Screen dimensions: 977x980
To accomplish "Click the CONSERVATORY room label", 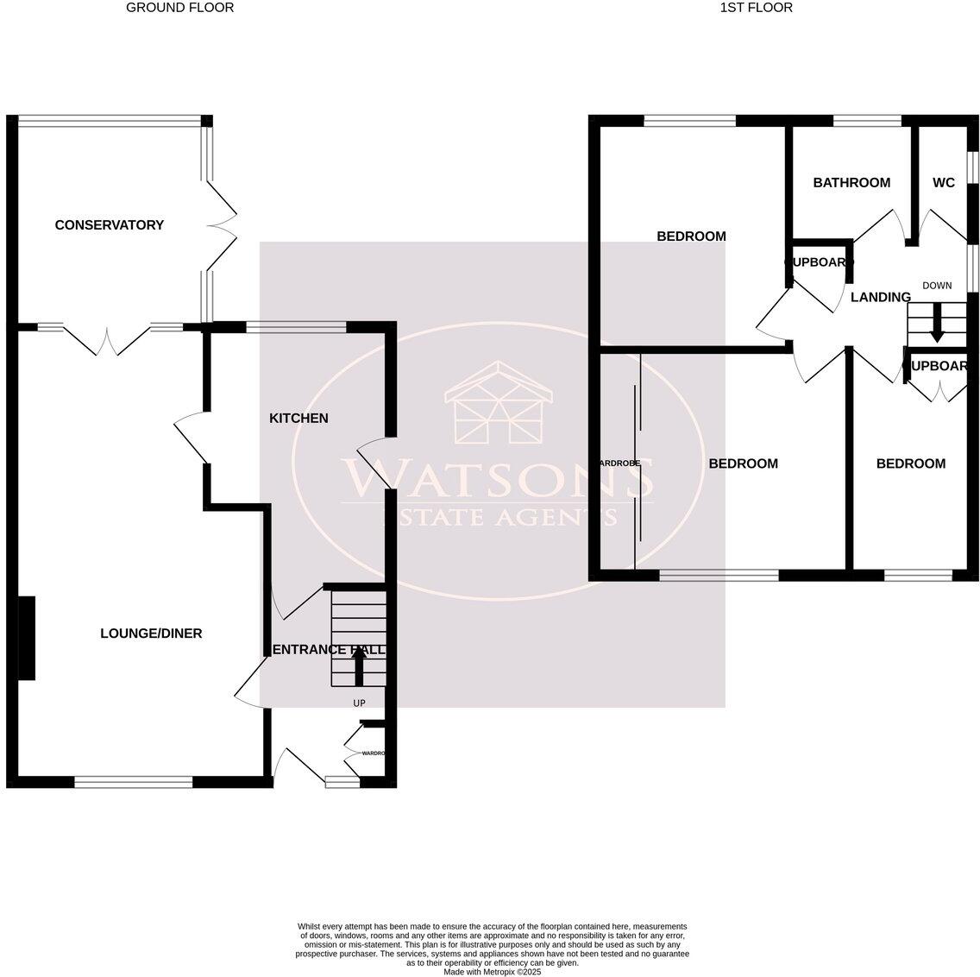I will (x=109, y=225).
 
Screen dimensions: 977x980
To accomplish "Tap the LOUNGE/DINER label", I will (x=151, y=633).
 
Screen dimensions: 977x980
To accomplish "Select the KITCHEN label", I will (x=298, y=419).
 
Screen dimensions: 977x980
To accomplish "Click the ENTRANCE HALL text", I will (x=328, y=650).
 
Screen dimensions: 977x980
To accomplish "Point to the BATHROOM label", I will (x=851, y=183).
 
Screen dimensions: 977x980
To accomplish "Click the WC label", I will (x=944, y=183).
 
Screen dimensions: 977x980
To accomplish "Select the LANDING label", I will (x=880, y=298).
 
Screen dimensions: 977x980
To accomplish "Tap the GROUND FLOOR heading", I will (x=179, y=8).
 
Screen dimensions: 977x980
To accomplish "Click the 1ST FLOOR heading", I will (x=756, y=8).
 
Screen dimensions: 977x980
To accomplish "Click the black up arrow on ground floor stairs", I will (x=358, y=665).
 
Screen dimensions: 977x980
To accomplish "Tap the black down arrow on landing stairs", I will (x=937, y=331).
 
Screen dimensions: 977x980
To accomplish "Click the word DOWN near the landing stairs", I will (x=937, y=286).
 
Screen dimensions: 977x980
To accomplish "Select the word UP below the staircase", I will (x=359, y=703).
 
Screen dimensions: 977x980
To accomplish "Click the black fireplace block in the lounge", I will (x=27, y=638).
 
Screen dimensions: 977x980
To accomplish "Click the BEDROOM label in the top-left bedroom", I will (x=691, y=236).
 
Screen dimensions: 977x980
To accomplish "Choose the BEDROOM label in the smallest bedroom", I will (x=910, y=464).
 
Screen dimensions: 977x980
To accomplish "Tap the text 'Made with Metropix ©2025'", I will (x=492, y=971).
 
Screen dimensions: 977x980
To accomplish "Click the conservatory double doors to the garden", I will (x=222, y=224).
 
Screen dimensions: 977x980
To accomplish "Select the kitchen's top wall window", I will (x=296, y=327).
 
